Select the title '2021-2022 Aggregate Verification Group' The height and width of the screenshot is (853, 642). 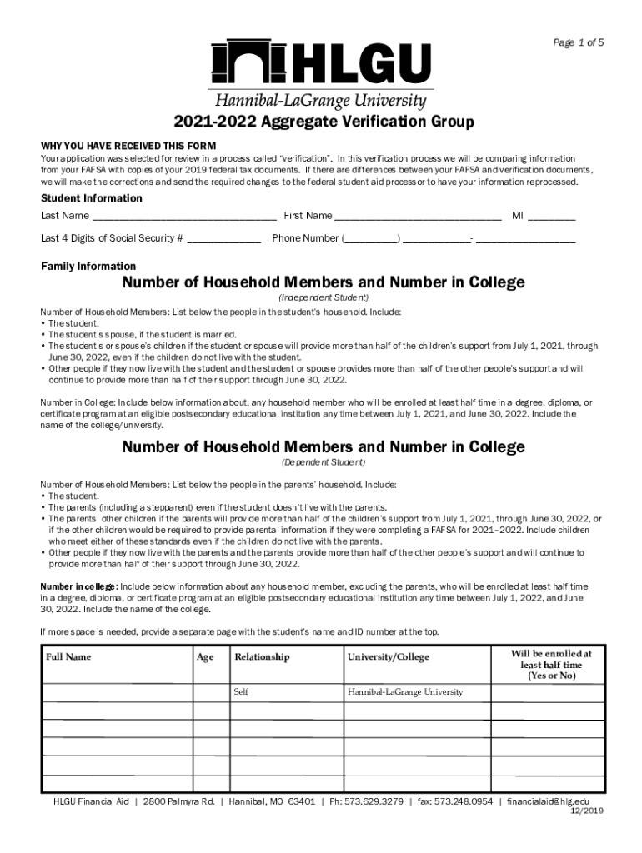click(x=324, y=122)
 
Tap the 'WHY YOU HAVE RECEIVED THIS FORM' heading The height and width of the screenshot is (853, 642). click(x=128, y=146)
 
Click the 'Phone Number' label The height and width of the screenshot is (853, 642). click(x=305, y=238)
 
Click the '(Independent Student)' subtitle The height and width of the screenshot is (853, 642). click(x=324, y=297)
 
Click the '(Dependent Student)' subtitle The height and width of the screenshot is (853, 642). click(x=324, y=462)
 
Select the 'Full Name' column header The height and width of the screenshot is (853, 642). click(x=68, y=657)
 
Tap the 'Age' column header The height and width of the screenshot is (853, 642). click(x=204, y=657)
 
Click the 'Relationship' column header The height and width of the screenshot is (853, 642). click(x=262, y=657)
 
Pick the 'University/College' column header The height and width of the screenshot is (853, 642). click(x=388, y=657)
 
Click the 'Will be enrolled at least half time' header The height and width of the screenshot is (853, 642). click(x=550, y=665)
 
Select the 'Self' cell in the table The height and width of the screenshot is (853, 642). click(x=241, y=692)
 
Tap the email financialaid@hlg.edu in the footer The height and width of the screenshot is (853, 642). click(x=554, y=801)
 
